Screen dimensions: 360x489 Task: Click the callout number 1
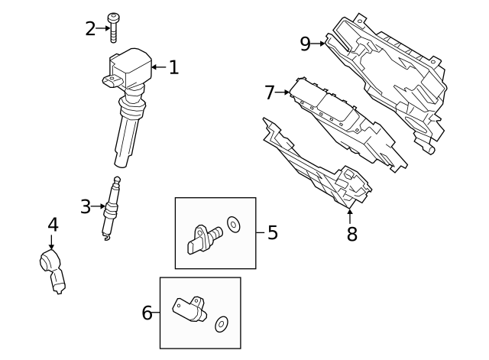pos(173,68)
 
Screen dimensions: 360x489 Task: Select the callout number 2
pos(91,29)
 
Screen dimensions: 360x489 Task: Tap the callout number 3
pos(86,206)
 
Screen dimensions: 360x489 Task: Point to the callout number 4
pos(52,225)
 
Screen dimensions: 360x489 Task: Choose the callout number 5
pos(272,232)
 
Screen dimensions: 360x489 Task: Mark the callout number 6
pos(147,312)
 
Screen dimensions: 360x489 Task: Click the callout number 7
pos(269,92)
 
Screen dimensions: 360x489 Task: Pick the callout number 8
pos(351,234)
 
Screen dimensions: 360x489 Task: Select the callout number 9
pos(305,44)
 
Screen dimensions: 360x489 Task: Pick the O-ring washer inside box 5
pos(233,224)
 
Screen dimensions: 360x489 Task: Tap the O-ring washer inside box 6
pos(222,324)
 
